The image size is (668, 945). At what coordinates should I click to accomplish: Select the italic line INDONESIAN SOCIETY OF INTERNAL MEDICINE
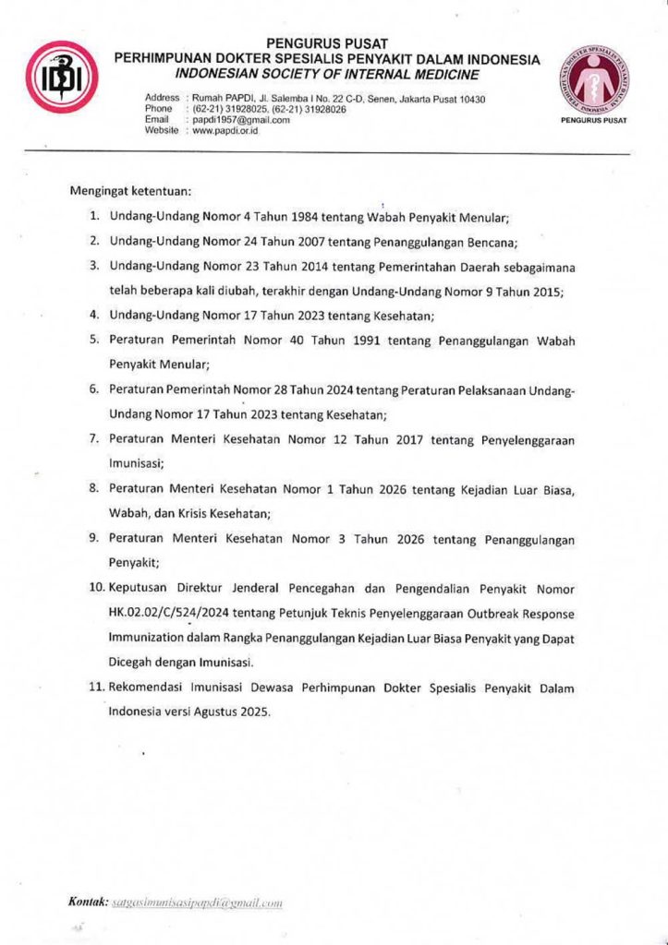[x=326, y=74]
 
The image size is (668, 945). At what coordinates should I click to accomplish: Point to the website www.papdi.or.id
[x=225, y=131]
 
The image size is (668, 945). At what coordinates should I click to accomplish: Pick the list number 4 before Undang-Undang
[x=94, y=316]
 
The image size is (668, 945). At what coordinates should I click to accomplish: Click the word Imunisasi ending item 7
[x=136, y=464]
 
